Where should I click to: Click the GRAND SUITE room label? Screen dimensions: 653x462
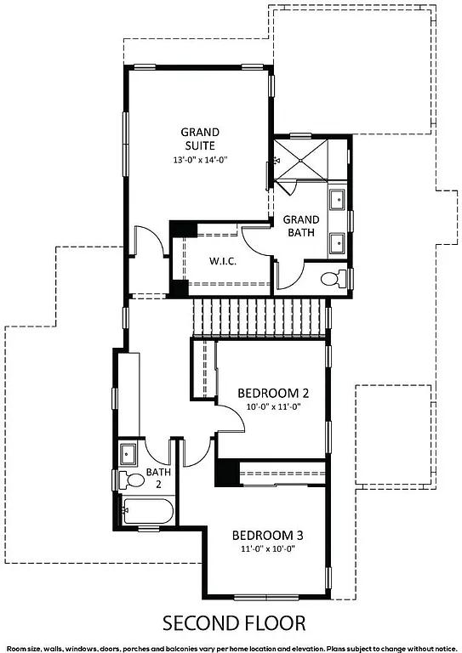click(201, 139)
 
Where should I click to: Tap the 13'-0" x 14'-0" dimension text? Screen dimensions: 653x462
click(201, 159)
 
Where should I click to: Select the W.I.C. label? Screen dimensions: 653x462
click(222, 261)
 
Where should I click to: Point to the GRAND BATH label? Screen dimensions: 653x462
click(301, 226)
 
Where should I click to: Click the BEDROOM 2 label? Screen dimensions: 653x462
click(272, 393)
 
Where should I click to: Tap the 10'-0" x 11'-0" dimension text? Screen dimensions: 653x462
click(274, 406)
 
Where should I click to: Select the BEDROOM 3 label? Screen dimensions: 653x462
click(268, 536)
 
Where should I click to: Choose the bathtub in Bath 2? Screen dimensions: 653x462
click(148, 512)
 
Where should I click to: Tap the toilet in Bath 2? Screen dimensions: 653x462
click(133, 480)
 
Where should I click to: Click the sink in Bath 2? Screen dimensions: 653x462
click(129, 453)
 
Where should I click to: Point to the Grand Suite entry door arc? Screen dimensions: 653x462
click(145, 239)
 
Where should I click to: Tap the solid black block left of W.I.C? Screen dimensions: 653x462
click(180, 230)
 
